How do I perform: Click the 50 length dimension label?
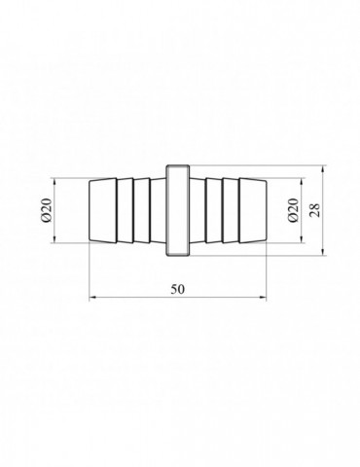click(x=178, y=289)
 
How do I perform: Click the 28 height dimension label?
click(x=314, y=210)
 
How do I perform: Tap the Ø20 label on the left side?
click(x=47, y=210)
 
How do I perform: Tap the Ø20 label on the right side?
click(x=293, y=210)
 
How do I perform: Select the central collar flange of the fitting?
click(x=178, y=210)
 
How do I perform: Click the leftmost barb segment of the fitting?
click(x=103, y=210)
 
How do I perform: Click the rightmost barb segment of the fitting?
click(x=253, y=210)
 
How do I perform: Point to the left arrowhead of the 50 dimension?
click(x=93, y=297)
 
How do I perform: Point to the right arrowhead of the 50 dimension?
click(x=263, y=297)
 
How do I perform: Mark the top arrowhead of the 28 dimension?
click(x=323, y=169)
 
